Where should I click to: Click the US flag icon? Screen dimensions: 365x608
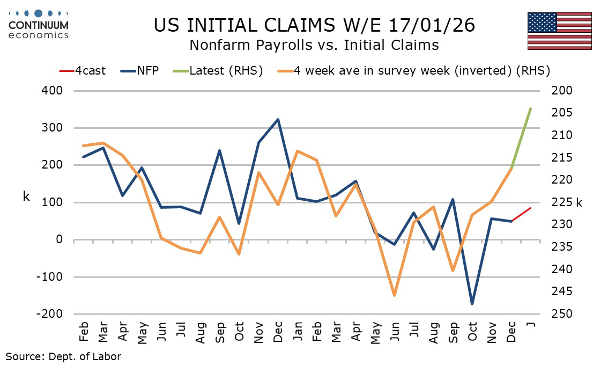[x=559, y=31]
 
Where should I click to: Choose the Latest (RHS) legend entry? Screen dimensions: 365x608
[x=217, y=70]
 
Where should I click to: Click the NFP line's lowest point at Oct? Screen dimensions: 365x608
[x=472, y=304]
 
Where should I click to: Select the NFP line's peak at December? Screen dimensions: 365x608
[x=278, y=119]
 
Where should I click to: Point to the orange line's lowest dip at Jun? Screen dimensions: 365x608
[x=394, y=295]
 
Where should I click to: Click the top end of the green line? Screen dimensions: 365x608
[x=530, y=109]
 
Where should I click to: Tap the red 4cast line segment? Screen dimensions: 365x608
[x=521, y=214]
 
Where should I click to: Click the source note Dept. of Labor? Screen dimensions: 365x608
[x=63, y=356]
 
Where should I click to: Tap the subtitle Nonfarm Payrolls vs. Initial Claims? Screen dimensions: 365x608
[x=314, y=45]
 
